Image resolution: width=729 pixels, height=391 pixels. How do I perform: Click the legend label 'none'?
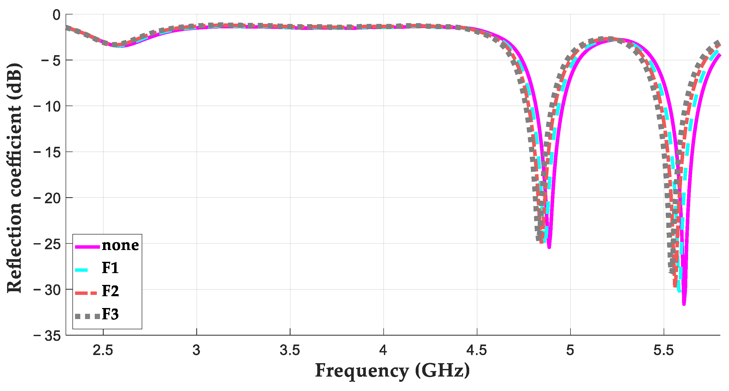[120, 245]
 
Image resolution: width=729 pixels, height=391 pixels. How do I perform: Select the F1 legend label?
[110, 268]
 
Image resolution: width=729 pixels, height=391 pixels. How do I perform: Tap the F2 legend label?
[110, 291]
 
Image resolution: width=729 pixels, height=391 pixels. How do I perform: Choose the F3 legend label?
[110, 314]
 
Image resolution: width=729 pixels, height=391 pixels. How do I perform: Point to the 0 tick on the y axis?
[57, 15]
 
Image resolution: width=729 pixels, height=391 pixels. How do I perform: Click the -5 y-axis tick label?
[51, 61]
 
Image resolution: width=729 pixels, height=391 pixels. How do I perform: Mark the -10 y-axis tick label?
[47, 106]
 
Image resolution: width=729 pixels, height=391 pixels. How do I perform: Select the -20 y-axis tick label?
[47, 198]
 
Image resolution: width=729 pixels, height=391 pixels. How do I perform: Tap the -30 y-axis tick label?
[47, 290]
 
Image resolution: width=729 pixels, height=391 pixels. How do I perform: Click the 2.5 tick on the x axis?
[103, 351]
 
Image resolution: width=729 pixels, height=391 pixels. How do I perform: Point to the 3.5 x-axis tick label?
[290, 351]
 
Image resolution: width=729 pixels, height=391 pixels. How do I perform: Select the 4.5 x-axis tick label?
[477, 351]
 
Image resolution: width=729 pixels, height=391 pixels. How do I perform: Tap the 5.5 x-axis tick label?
[664, 351]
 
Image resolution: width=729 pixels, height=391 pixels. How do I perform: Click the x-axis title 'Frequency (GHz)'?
[393, 371]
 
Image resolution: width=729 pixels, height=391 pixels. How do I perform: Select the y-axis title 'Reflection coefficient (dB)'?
[14, 178]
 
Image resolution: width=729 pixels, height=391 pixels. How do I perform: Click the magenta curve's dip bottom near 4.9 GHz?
[549, 247]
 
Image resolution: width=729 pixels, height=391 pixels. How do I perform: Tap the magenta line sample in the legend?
[87, 247]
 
